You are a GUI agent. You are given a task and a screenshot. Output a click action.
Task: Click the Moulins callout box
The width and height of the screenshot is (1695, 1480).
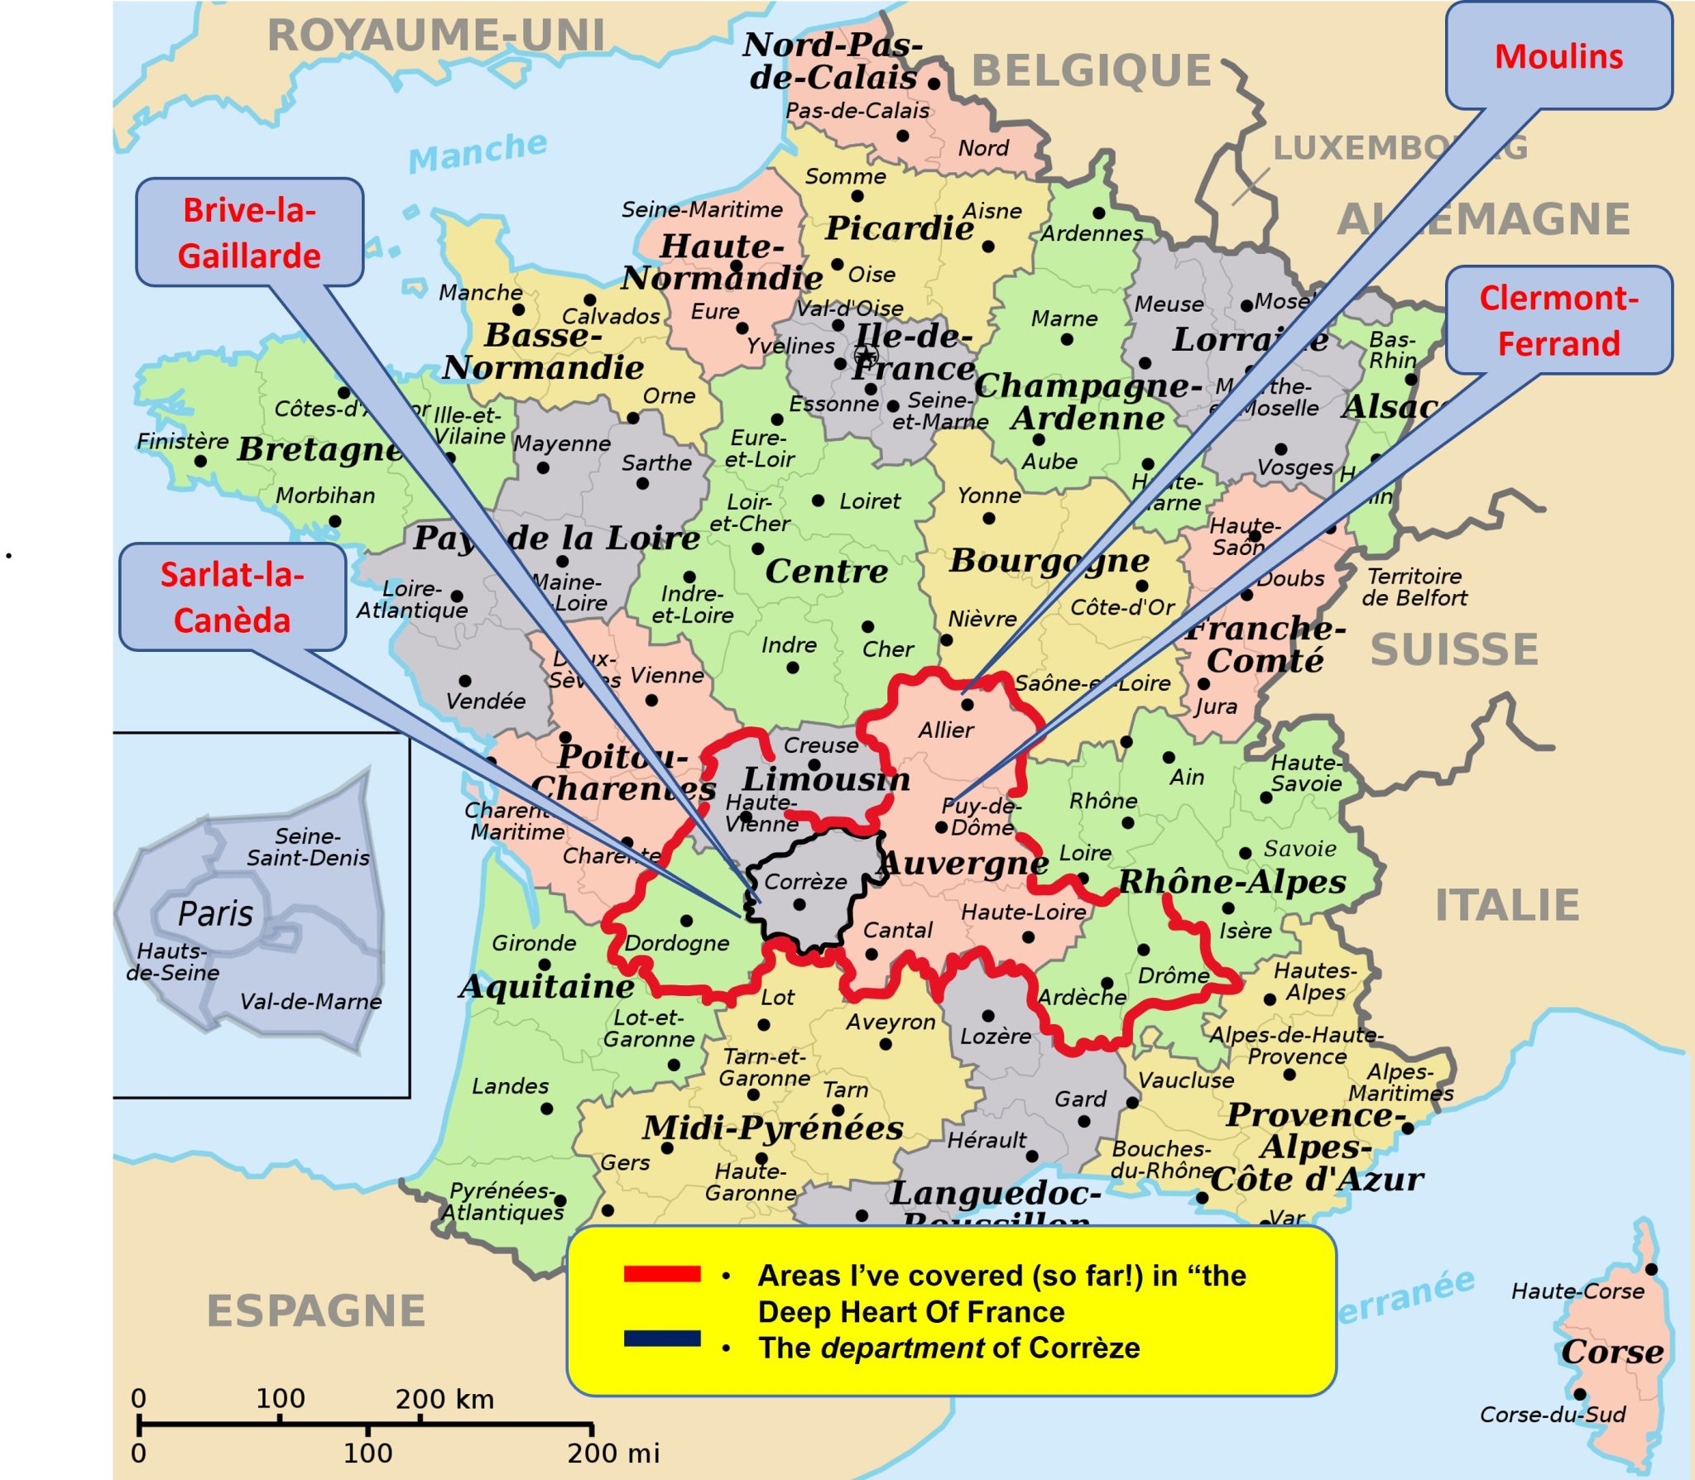[1558, 56]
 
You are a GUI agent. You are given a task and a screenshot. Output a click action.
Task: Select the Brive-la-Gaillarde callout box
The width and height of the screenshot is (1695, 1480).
[249, 232]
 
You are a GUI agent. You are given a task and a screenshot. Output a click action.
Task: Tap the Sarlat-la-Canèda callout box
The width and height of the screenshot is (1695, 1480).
[232, 596]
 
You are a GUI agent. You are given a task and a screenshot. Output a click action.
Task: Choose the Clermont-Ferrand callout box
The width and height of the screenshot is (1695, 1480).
[1558, 320]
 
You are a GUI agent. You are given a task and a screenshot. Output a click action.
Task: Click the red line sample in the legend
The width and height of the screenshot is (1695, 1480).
[662, 1274]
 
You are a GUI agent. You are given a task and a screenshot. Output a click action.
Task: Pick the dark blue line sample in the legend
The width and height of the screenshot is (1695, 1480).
[662, 1339]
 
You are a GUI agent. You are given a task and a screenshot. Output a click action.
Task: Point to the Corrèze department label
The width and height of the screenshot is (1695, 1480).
[804, 882]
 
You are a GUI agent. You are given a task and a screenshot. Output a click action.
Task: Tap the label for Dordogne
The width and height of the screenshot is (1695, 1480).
[676, 943]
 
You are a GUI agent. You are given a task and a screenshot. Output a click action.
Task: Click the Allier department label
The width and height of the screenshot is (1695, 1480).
[945, 730]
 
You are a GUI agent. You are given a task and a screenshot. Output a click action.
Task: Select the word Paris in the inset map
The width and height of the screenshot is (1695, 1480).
[215, 914]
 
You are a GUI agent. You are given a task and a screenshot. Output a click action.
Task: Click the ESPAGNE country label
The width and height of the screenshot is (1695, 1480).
[315, 1311]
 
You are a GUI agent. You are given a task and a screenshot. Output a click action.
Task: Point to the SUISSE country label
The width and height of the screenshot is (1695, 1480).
[1454, 649]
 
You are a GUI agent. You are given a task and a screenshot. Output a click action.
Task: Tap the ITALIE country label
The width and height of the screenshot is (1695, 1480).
[1507, 905]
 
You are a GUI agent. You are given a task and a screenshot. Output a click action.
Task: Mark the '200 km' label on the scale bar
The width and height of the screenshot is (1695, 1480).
[444, 1400]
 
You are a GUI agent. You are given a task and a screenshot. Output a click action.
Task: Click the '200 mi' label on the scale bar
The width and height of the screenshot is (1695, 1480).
[613, 1453]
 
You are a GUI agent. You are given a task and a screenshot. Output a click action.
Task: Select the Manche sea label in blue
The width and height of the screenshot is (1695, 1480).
[478, 151]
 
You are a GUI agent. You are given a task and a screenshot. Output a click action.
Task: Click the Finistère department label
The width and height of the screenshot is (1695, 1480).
[182, 441]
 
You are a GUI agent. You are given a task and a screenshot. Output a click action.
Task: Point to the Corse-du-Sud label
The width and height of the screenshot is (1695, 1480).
[1553, 1415]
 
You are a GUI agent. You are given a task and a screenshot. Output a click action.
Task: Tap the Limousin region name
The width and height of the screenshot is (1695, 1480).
[825, 779]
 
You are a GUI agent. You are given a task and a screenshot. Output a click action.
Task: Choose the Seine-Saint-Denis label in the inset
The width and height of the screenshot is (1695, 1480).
[307, 846]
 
